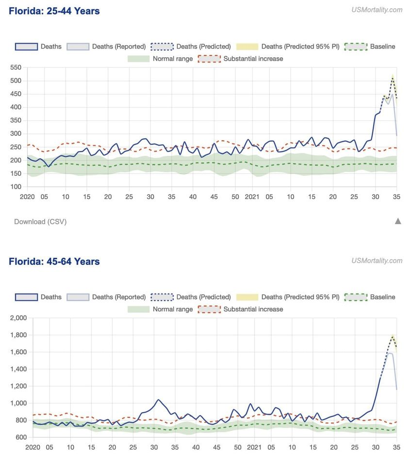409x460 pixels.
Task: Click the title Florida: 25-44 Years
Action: pyautogui.click(x=54, y=11)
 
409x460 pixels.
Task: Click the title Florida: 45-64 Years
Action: pyautogui.click(x=54, y=262)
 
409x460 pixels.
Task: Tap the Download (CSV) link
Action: pyautogui.click(x=40, y=222)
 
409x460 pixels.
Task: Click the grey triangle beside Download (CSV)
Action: pyautogui.click(x=398, y=221)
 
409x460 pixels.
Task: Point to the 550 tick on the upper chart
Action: pyautogui.click(x=16, y=67)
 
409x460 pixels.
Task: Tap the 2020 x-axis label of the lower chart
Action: pyautogui.click(x=33, y=447)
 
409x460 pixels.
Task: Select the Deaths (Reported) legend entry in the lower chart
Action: pyautogui.click(x=119, y=297)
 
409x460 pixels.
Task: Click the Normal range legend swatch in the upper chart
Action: pyautogui.click(x=138, y=59)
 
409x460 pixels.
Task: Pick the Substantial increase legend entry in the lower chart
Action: pyautogui.click(x=253, y=309)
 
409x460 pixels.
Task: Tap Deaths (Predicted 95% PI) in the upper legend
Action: pyautogui.click(x=300, y=47)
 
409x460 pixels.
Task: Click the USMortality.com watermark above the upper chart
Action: pyautogui.click(x=377, y=10)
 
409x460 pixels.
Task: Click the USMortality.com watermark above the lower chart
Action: pyautogui.click(x=377, y=261)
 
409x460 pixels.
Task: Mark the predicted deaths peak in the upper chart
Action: pyautogui.click(x=393, y=78)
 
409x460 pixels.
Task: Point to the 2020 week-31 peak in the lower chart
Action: pyautogui.click(x=158, y=400)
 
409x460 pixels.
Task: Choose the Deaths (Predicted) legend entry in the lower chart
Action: pyautogui.click(x=203, y=297)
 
